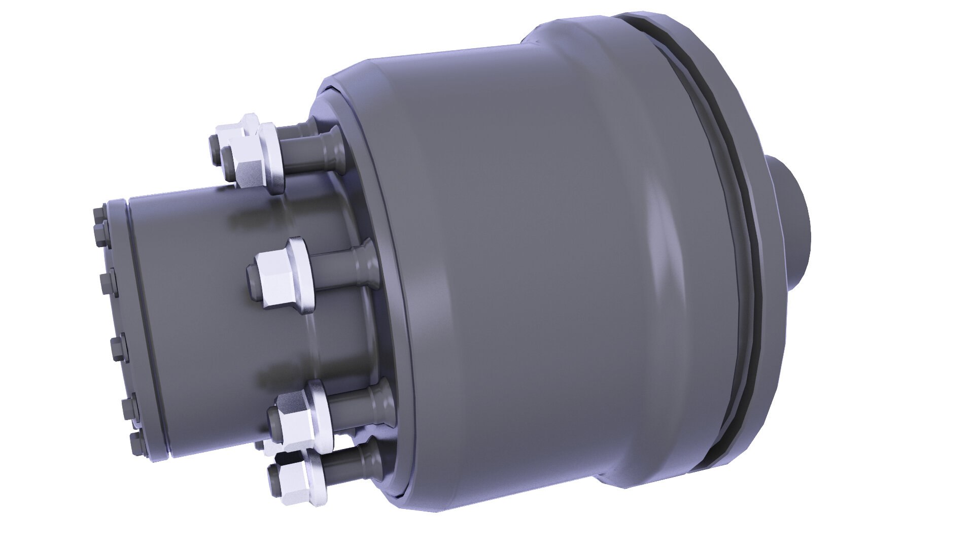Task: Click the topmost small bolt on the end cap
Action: coord(99,213)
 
